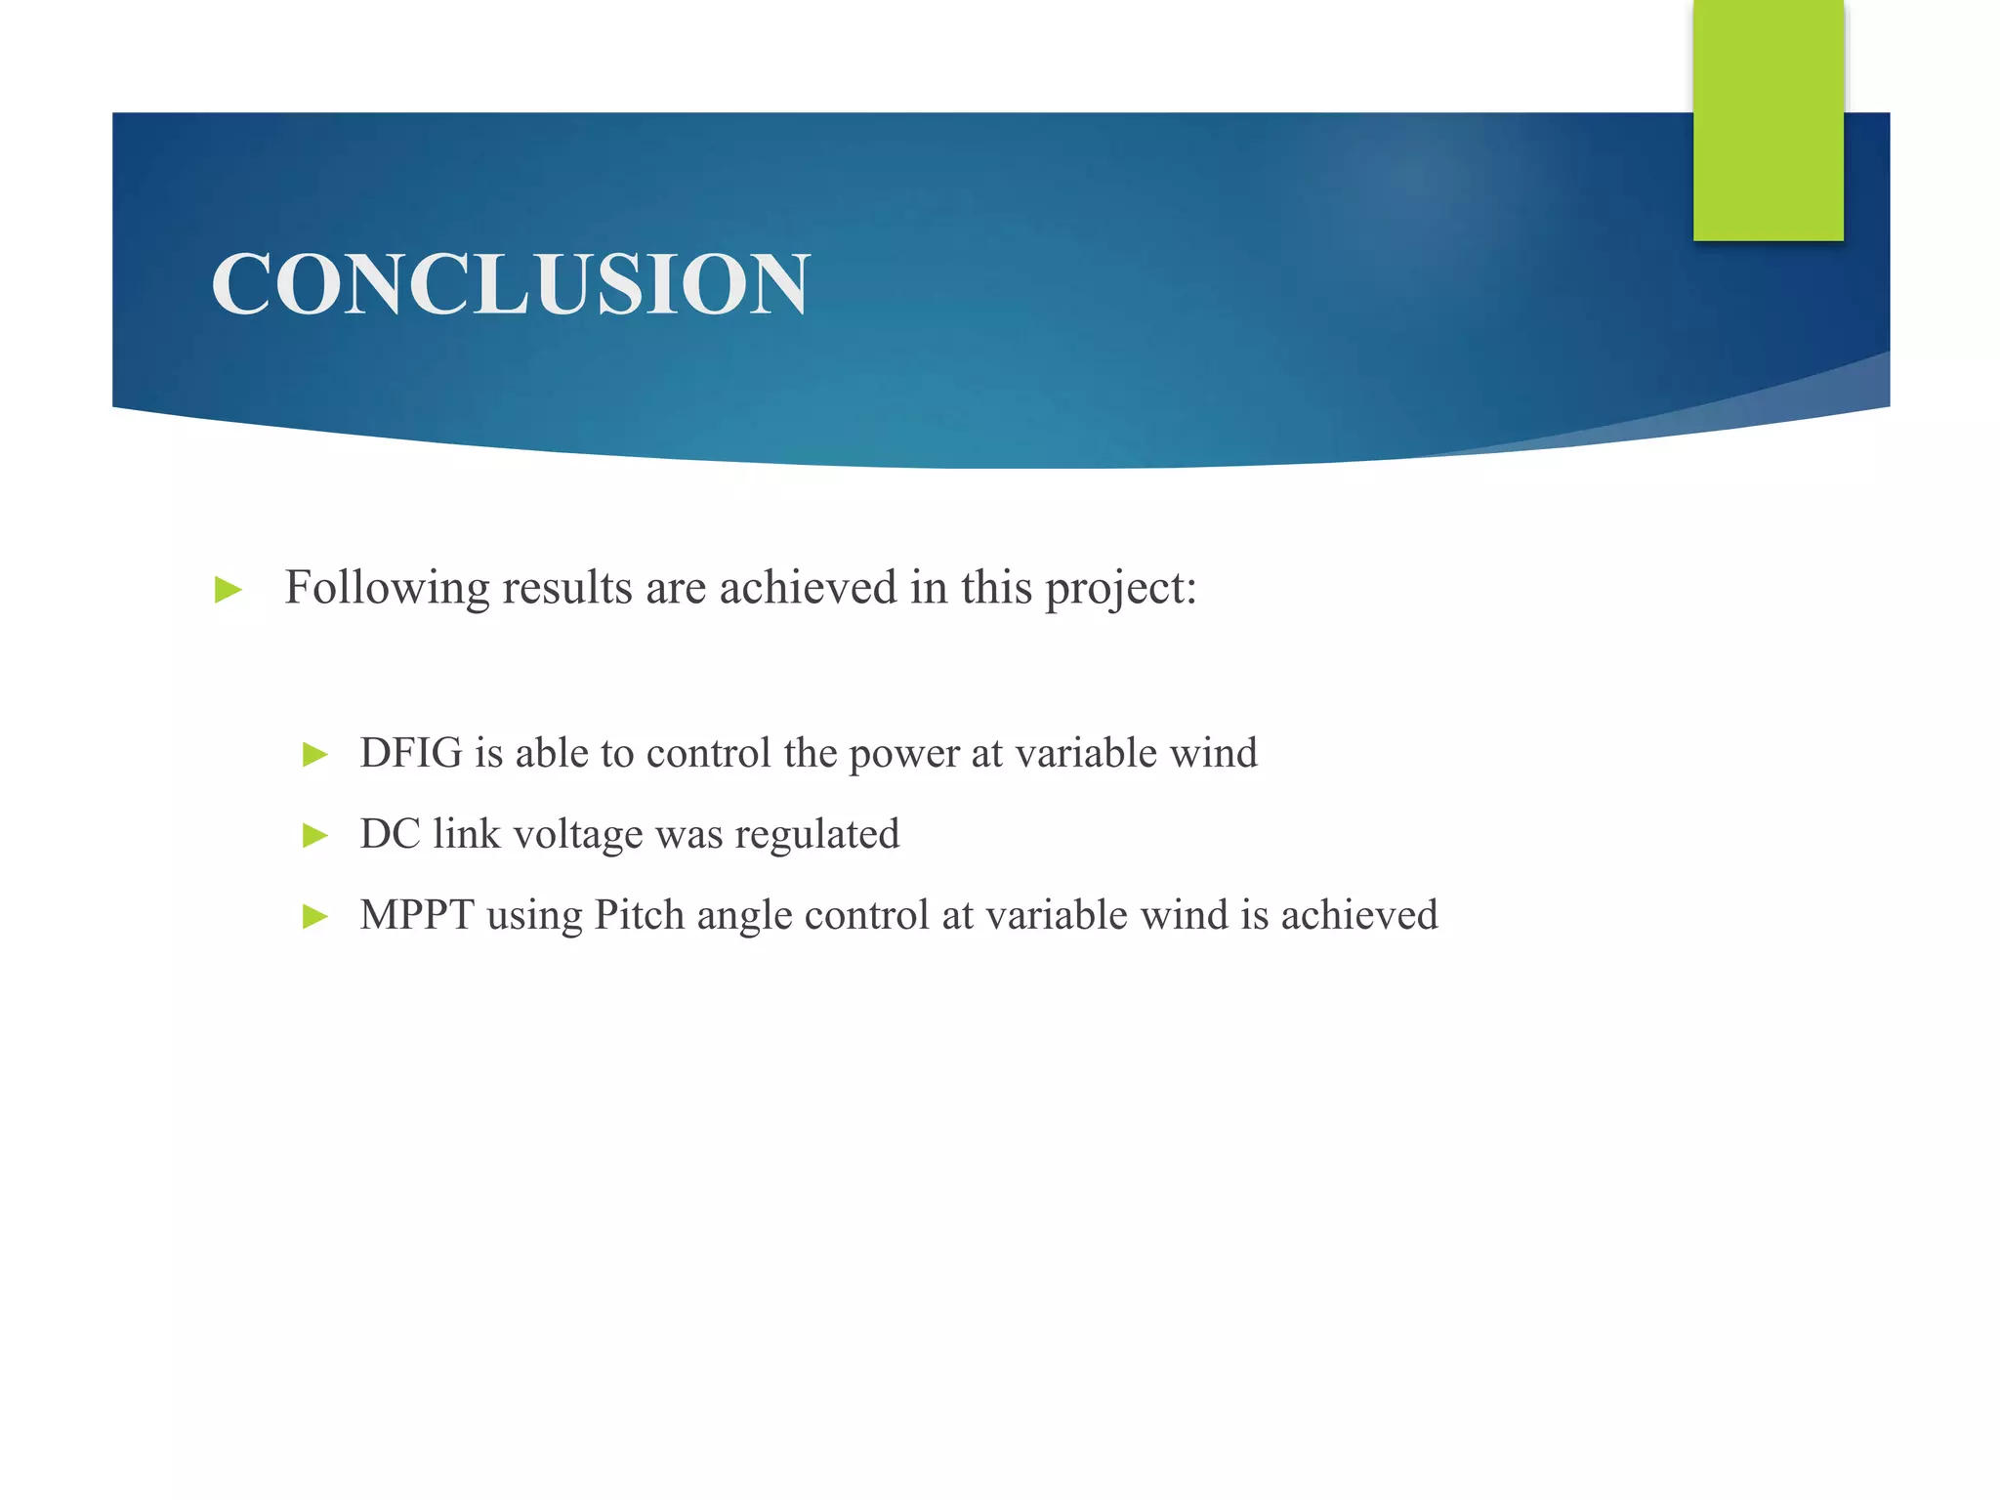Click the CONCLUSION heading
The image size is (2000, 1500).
point(510,284)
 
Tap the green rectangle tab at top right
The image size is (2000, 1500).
point(1768,120)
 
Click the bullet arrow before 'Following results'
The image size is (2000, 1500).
point(229,590)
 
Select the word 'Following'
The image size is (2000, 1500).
point(387,589)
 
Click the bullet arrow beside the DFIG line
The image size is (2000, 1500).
point(315,755)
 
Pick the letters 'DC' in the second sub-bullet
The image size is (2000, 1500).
point(390,835)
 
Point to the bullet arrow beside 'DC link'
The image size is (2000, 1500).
point(315,836)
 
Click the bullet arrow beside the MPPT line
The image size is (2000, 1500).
point(315,917)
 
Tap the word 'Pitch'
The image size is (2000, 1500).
point(640,916)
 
